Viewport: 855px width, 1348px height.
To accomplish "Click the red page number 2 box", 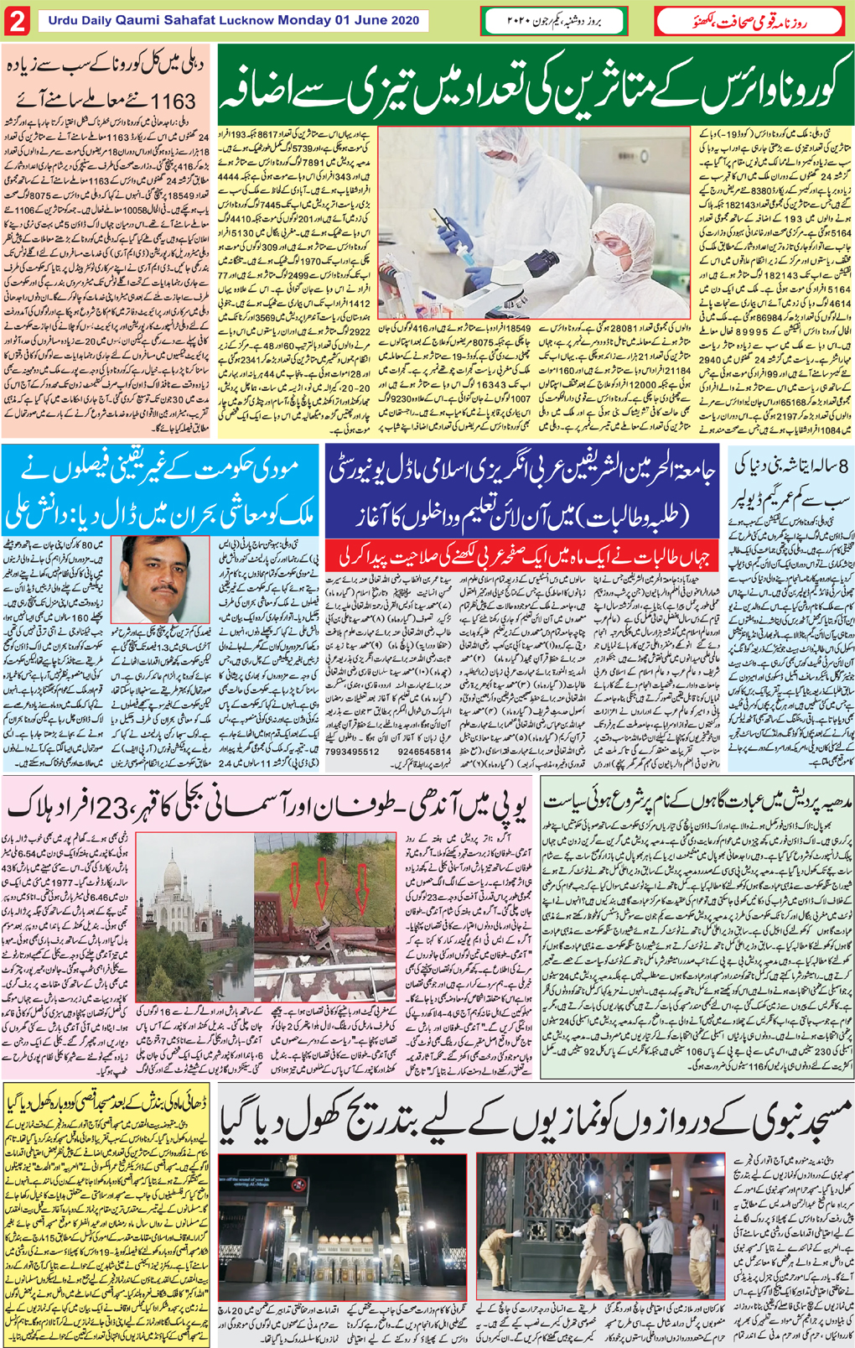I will click(x=17, y=22).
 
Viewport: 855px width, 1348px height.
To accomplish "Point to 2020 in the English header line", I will click(x=404, y=20).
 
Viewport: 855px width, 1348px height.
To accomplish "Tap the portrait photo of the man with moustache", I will click(x=165, y=579).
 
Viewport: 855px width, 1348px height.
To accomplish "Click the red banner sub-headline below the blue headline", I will click(x=521, y=556).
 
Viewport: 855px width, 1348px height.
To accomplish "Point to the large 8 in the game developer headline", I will click(x=840, y=466).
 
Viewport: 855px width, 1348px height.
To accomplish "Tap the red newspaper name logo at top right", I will click(x=749, y=20).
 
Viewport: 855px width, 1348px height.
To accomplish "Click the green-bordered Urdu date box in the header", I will click(x=554, y=21).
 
